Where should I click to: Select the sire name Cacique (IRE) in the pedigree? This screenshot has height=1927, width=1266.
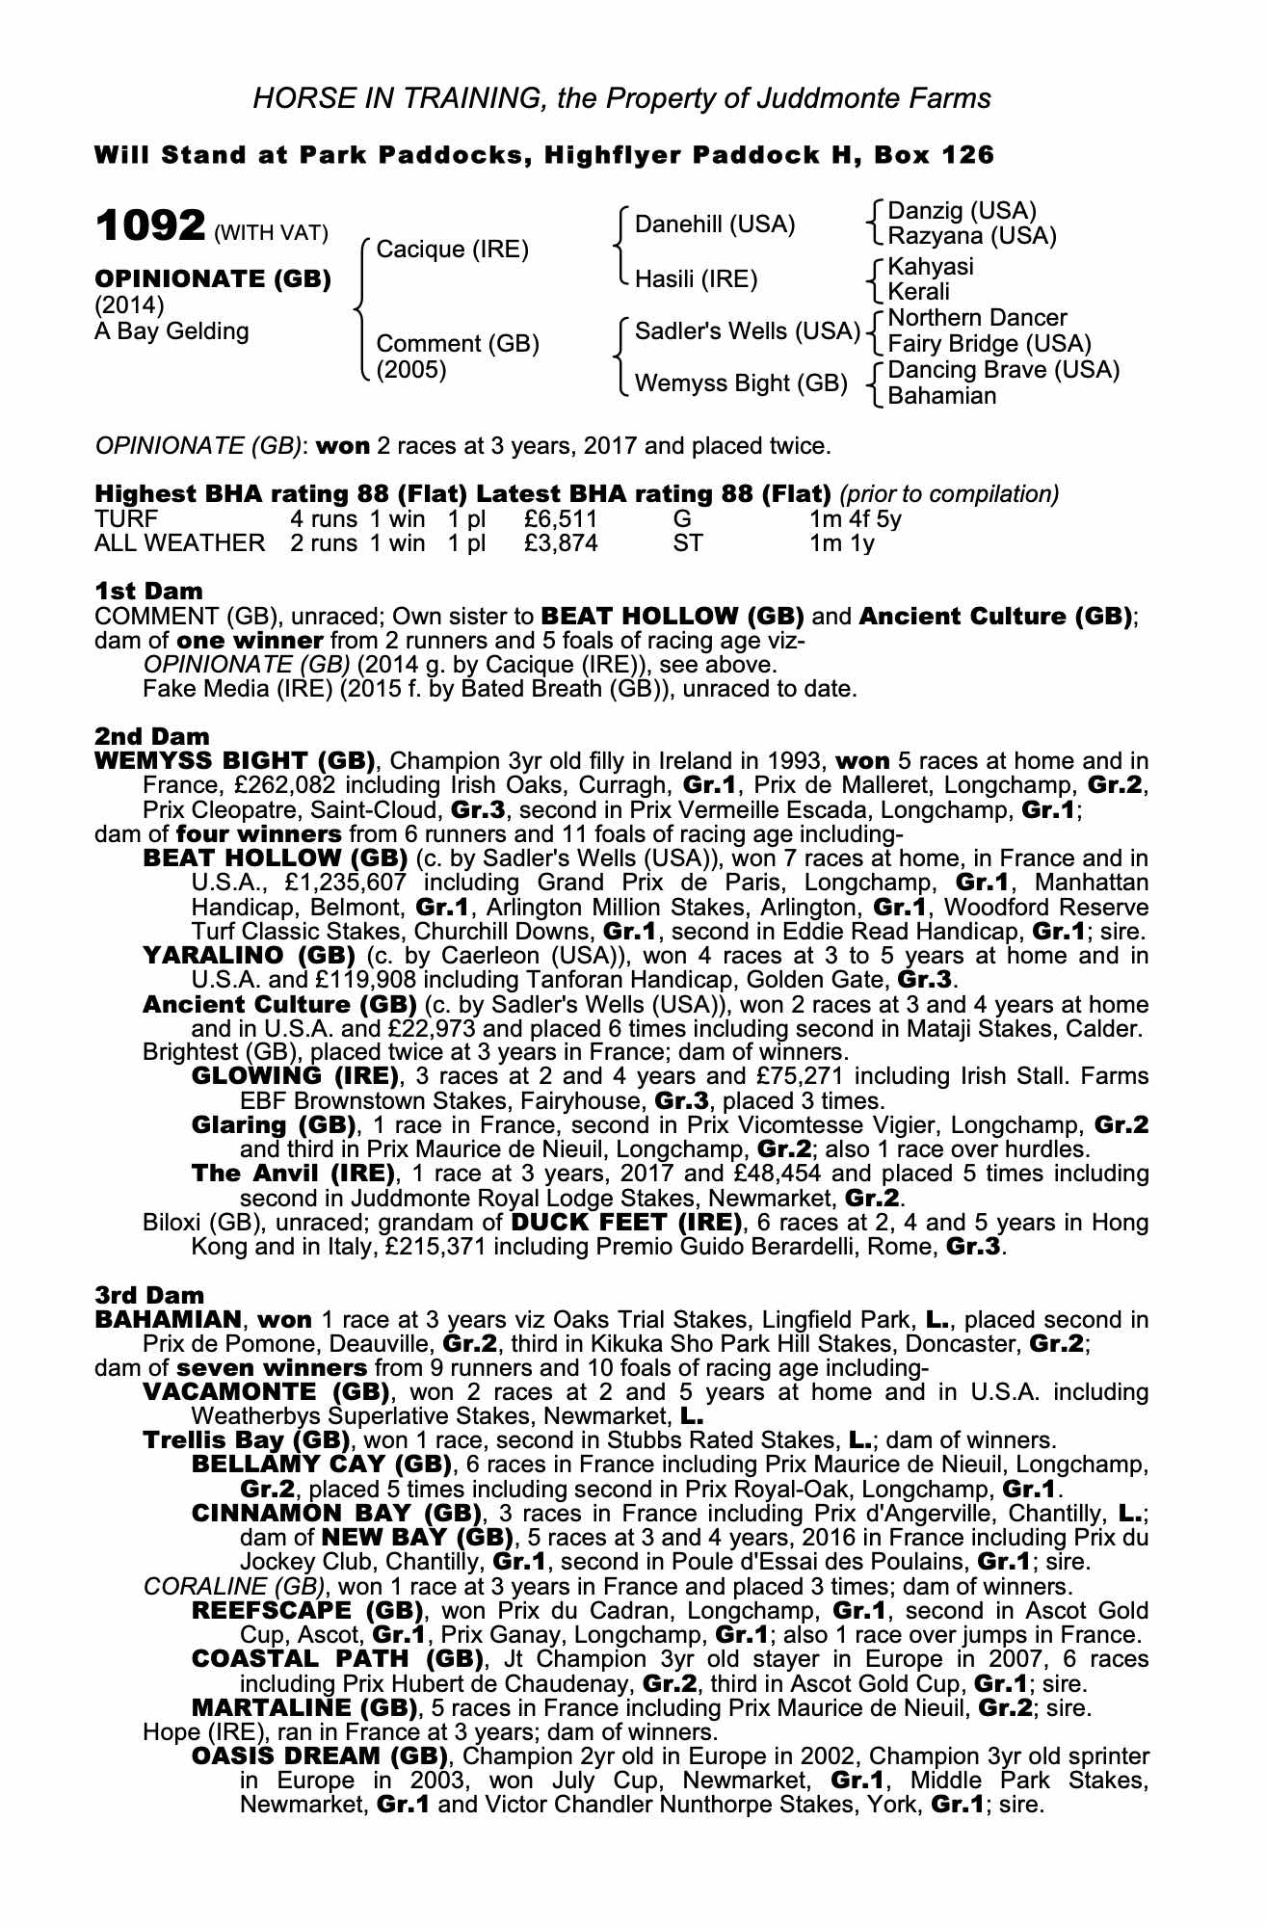(452, 251)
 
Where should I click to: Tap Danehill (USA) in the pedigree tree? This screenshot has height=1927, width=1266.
(715, 225)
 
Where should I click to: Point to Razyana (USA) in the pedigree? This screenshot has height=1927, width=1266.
(971, 236)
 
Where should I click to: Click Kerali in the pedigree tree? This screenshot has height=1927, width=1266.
(918, 292)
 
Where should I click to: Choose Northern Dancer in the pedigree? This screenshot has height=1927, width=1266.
(977, 318)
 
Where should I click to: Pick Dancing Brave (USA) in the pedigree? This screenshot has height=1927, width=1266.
(1003, 370)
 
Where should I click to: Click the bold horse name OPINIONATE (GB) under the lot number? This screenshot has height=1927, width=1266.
(212, 279)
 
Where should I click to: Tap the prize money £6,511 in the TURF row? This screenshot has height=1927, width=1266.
(561, 519)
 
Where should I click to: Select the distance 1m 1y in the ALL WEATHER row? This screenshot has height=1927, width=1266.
(841, 543)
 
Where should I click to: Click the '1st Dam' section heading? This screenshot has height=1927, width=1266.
(148, 591)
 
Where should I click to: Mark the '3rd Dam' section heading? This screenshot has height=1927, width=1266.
(149, 1295)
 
